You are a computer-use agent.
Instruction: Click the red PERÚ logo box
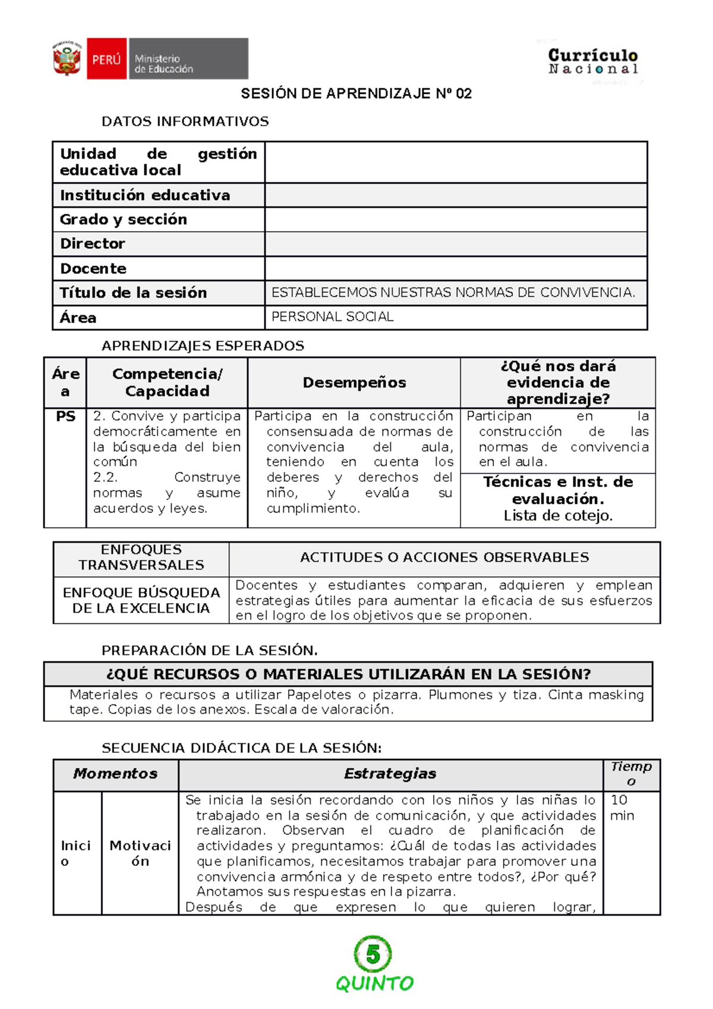tap(107, 59)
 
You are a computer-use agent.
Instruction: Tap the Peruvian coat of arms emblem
tap(67, 59)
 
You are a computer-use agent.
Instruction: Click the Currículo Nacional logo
tap(592, 62)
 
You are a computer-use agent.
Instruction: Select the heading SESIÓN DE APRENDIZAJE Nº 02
tap(356, 93)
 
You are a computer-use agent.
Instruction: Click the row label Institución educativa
tap(145, 195)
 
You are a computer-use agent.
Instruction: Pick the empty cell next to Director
tap(456, 244)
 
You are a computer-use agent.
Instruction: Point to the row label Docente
tap(93, 269)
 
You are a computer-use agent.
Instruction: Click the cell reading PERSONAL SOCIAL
tap(333, 317)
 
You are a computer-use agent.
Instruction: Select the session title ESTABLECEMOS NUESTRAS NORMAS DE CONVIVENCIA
tap(453, 292)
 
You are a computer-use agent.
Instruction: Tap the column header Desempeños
tap(354, 383)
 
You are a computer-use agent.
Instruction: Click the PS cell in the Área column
tap(65, 417)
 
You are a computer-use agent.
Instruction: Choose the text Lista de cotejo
tap(558, 515)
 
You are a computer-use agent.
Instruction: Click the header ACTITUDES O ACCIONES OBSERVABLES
tap(444, 557)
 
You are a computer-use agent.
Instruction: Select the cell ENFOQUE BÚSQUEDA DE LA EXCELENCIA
tap(141, 600)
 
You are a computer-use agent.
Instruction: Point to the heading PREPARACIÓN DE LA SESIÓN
tap(209, 650)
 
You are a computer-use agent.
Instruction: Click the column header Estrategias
tap(390, 774)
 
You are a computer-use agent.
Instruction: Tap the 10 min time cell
tap(622, 808)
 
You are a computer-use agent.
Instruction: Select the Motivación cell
tap(140, 853)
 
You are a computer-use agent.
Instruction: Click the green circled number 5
tap(373, 954)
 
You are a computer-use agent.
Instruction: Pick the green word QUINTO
tap(374, 983)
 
